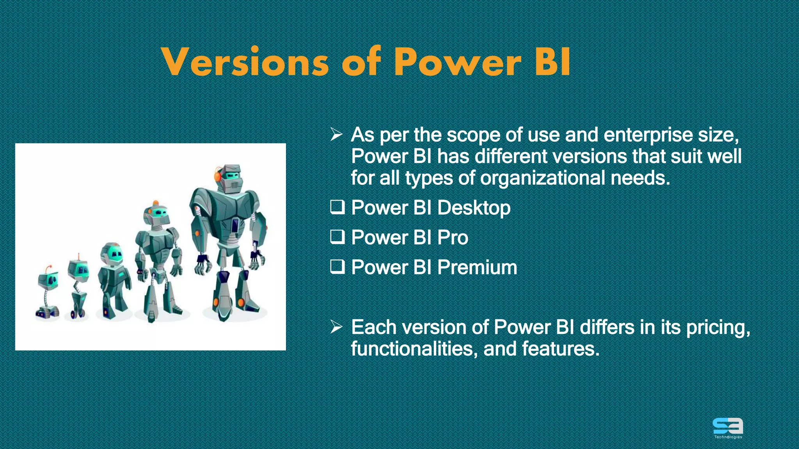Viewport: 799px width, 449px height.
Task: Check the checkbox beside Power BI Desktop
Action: (x=337, y=207)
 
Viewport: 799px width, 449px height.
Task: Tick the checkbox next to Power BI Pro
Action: (x=337, y=237)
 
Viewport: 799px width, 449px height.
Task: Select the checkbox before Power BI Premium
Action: (x=337, y=267)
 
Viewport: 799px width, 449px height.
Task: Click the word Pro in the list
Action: (x=452, y=237)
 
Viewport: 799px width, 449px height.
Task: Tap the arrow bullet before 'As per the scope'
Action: (x=336, y=135)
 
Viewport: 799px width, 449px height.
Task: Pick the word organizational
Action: (x=542, y=178)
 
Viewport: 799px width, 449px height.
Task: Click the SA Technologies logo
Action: (x=728, y=428)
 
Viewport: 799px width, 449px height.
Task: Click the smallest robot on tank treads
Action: (x=48, y=294)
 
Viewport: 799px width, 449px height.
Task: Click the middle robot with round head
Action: (x=113, y=281)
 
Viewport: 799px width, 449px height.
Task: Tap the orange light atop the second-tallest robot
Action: (x=156, y=203)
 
